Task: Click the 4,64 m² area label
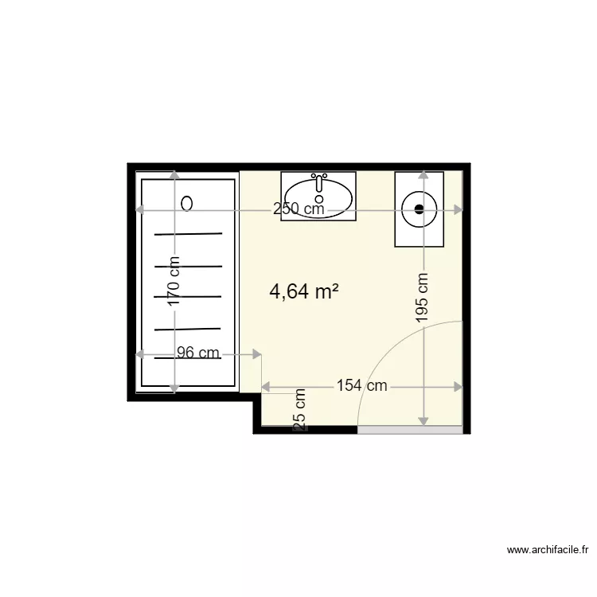point(305,292)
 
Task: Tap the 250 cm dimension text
point(298,209)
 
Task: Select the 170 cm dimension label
point(174,281)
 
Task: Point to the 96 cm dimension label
point(197,353)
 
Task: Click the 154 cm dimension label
point(361,386)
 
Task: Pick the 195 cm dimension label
point(423,297)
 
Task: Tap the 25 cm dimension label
point(300,411)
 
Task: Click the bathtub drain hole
point(187,204)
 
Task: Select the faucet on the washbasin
point(318,181)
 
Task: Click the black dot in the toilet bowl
point(420,210)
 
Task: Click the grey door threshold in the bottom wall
point(409,430)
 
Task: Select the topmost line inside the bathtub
point(188,234)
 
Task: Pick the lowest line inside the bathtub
point(188,357)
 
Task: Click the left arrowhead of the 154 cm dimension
point(266,387)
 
